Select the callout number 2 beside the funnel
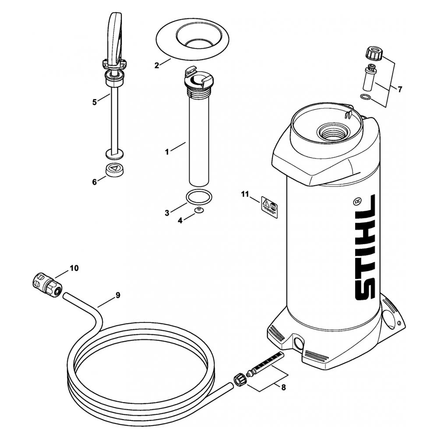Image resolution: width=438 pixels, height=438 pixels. [156, 66]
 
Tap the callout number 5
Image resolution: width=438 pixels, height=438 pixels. [94, 102]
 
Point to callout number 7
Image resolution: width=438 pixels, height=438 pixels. [399, 89]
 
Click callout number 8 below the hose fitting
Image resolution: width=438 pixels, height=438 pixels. [283, 387]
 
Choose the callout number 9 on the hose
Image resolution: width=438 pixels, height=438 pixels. [118, 295]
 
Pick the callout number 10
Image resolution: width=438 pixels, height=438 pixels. [74, 268]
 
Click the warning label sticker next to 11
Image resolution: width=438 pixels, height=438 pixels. [269, 207]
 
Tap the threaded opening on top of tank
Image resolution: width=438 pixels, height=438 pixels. [334, 131]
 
